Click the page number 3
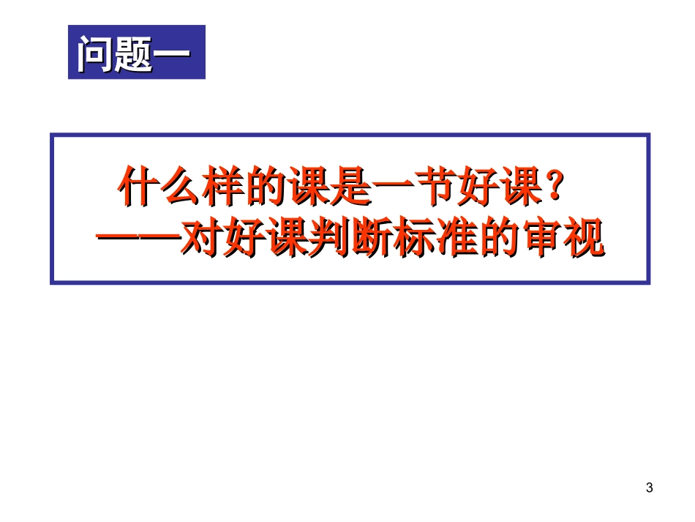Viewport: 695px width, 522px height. [650, 488]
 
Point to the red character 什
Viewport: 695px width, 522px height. [138, 188]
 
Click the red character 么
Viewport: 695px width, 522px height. [179, 188]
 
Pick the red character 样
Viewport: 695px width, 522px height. [222, 188]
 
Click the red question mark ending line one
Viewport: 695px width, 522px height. [554, 188]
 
